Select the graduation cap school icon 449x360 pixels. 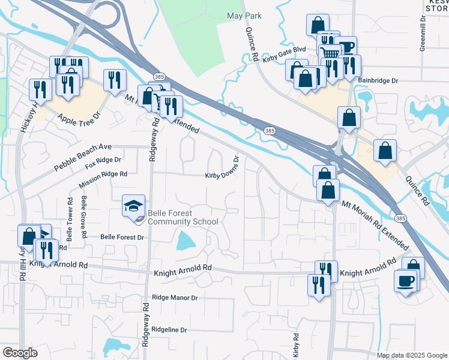click(x=133, y=207)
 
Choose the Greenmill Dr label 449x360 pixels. click(x=423, y=38)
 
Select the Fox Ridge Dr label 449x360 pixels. click(x=103, y=161)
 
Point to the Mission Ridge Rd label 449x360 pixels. click(x=103, y=174)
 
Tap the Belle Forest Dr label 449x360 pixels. click(x=122, y=238)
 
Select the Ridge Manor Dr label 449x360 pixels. click(x=175, y=297)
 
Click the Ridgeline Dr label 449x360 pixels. click(x=169, y=330)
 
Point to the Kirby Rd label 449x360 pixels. click(x=296, y=345)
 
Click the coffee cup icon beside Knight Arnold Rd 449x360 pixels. click(x=406, y=281)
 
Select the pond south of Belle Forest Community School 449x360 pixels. click(x=186, y=242)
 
